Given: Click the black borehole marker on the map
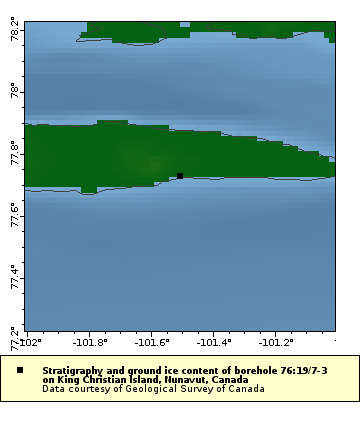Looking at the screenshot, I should point(180,176).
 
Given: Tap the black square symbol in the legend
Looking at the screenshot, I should point(20,370).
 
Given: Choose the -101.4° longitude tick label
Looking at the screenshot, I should point(212,342).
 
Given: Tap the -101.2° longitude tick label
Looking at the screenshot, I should point(274,342).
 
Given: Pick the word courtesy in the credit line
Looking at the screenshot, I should point(91,389).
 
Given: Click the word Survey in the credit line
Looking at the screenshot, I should point(196,389).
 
